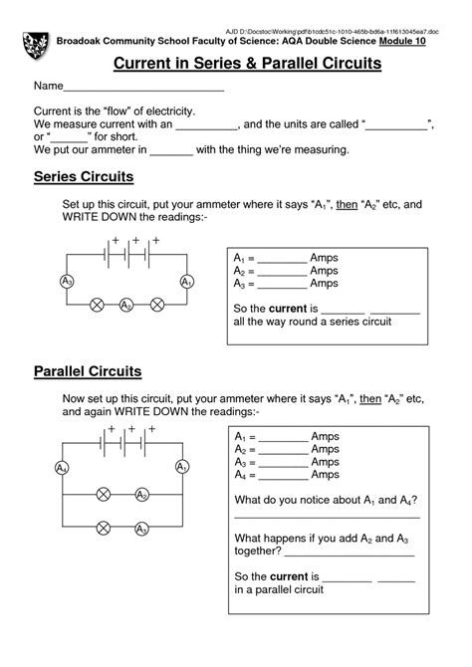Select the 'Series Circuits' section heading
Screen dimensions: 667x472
coord(84,177)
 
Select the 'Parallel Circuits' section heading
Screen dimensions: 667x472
coord(88,371)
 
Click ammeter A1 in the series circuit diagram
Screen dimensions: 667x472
coord(186,283)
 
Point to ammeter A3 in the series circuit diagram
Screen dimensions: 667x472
coord(67,283)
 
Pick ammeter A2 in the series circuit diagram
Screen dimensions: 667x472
coord(125,306)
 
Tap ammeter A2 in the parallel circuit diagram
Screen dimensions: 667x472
coord(142,495)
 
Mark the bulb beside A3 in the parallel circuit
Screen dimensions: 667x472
coord(103,528)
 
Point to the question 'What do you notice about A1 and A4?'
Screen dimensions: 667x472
coord(326,499)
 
